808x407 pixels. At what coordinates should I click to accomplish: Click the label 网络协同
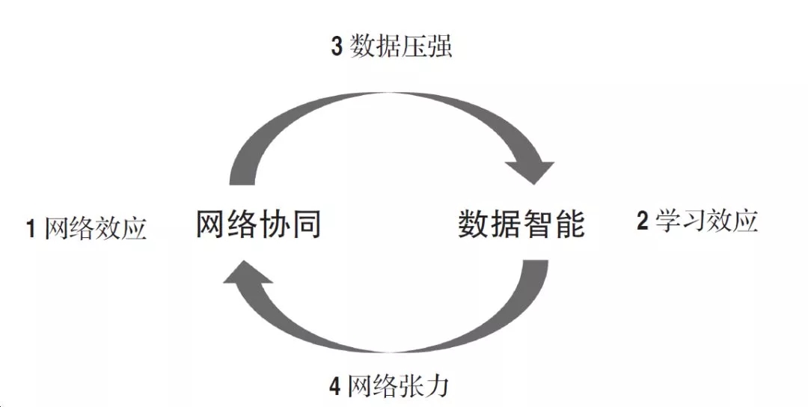[259, 224]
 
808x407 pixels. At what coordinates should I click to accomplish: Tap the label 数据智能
[521, 224]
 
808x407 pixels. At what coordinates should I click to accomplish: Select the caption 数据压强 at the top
[401, 47]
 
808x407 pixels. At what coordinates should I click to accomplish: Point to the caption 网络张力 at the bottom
[400, 386]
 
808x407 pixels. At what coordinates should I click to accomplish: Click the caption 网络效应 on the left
[96, 228]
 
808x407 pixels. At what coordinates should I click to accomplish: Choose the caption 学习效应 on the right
[707, 221]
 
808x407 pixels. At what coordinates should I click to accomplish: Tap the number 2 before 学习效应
[642, 222]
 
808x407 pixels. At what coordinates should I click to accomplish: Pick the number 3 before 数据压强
[337, 48]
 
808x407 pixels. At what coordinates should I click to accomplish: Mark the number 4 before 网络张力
[335, 387]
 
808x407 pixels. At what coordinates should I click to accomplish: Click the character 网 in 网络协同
[212, 224]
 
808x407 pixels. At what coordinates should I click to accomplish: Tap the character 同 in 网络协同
[306, 224]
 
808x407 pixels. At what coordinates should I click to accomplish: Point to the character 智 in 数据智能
[537, 224]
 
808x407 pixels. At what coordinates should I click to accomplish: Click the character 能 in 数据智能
[569, 224]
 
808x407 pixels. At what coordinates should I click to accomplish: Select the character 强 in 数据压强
[440, 47]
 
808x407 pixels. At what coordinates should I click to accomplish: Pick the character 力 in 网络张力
[439, 386]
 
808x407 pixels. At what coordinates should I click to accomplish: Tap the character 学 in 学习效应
[668, 221]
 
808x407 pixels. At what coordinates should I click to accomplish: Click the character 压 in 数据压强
[414, 47]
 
